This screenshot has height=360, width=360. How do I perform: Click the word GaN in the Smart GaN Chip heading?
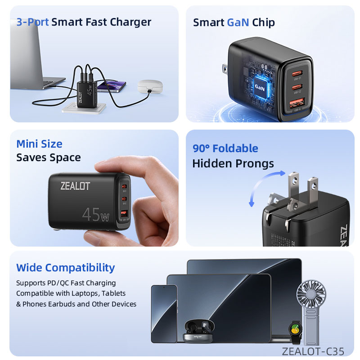(238, 22)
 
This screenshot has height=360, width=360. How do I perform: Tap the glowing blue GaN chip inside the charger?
(260, 87)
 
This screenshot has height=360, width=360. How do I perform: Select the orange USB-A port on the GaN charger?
(297, 103)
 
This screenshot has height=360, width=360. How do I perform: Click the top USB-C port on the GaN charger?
(297, 73)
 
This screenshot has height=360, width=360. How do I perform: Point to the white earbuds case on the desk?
(150, 86)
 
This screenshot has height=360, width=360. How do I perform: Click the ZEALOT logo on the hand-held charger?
(75, 186)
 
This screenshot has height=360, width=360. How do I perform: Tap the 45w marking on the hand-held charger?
(96, 215)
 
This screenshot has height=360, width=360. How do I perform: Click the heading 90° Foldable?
(225, 148)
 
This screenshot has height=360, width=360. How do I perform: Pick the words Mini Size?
(39, 144)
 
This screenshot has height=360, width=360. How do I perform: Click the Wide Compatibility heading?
(65, 268)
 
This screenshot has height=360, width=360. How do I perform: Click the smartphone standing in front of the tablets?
(164, 314)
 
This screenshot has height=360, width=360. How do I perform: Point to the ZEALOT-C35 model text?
(313, 351)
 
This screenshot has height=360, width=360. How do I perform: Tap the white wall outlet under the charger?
(84, 108)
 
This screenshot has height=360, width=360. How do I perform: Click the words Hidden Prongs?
(233, 164)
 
